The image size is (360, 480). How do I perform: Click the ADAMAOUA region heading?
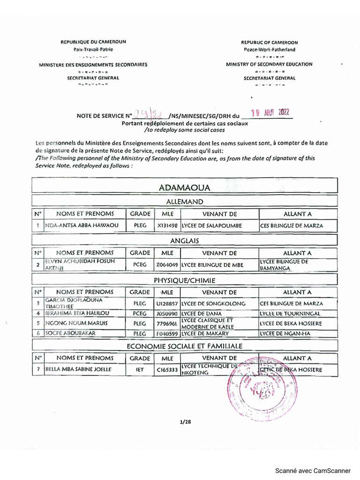tap(184, 187)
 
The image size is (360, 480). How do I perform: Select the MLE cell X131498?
tap(167, 226)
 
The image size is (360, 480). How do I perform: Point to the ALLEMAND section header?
tap(184, 202)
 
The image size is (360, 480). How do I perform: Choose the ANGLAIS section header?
tap(184, 240)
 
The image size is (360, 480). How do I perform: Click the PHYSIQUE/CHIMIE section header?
tap(184, 280)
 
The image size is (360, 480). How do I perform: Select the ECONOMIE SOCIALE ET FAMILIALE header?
tap(184, 346)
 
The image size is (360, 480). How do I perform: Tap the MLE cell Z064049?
tap(167, 265)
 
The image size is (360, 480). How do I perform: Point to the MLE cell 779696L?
tap(167, 323)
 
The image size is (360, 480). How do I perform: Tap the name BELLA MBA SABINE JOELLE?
tap(78, 370)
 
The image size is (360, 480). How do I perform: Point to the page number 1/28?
tap(186, 422)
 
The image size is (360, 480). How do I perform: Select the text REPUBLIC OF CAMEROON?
tap(269, 42)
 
